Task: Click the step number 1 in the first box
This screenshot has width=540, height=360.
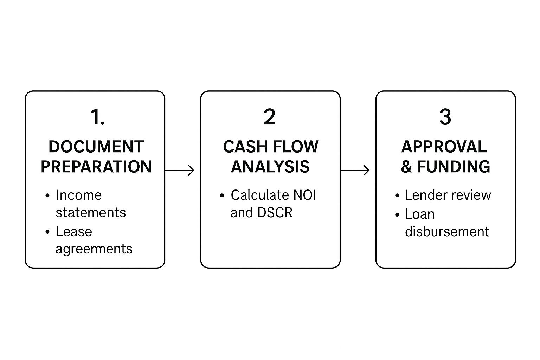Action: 94,117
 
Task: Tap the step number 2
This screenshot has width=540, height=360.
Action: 270,117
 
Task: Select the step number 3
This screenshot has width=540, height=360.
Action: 445,117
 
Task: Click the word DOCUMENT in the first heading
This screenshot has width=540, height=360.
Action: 96,147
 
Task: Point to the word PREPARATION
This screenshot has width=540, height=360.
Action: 96,167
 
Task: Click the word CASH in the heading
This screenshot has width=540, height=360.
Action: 242,147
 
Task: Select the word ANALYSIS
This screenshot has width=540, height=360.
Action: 270,167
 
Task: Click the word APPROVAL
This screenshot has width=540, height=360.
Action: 444,147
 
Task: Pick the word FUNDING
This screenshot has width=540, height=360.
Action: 454,167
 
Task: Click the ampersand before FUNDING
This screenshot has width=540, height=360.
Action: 406,167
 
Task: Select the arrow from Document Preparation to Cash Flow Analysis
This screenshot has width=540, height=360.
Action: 180,171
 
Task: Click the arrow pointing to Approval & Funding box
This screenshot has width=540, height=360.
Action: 355,171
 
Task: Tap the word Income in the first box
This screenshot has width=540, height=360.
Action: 79,195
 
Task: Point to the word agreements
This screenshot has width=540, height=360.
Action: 94,249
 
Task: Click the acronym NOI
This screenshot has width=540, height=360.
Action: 304,195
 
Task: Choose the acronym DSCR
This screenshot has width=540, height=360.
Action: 275,213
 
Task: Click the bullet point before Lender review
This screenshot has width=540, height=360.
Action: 397,195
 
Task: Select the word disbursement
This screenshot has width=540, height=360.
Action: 447,232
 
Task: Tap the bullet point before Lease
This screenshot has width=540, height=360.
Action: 47,232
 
